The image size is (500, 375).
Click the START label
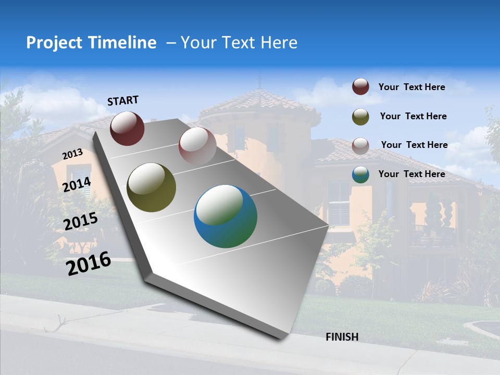click(x=123, y=101)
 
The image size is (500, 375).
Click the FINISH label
click(x=342, y=337)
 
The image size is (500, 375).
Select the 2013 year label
click(x=73, y=154)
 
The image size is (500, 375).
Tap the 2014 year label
click(x=77, y=184)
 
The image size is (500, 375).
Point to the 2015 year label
click(x=81, y=221)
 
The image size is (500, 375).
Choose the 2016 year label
click(x=89, y=264)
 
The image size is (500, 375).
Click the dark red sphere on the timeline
click(x=127, y=128)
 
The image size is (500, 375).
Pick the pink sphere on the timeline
click(x=197, y=145)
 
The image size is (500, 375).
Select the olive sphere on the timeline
click(x=152, y=187)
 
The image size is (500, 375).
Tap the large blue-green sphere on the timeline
click(x=226, y=216)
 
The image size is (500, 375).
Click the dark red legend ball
click(x=360, y=87)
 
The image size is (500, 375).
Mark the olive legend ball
click(x=360, y=117)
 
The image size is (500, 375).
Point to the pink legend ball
click(x=360, y=146)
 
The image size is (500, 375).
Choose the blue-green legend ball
click(x=360, y=174)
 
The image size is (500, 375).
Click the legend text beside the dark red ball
click(x=411, y=87)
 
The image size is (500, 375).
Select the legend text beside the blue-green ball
click(x=411, y=174)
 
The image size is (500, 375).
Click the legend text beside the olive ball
click(x=413, y=116)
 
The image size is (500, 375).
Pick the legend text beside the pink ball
click(x=414, y=145)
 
